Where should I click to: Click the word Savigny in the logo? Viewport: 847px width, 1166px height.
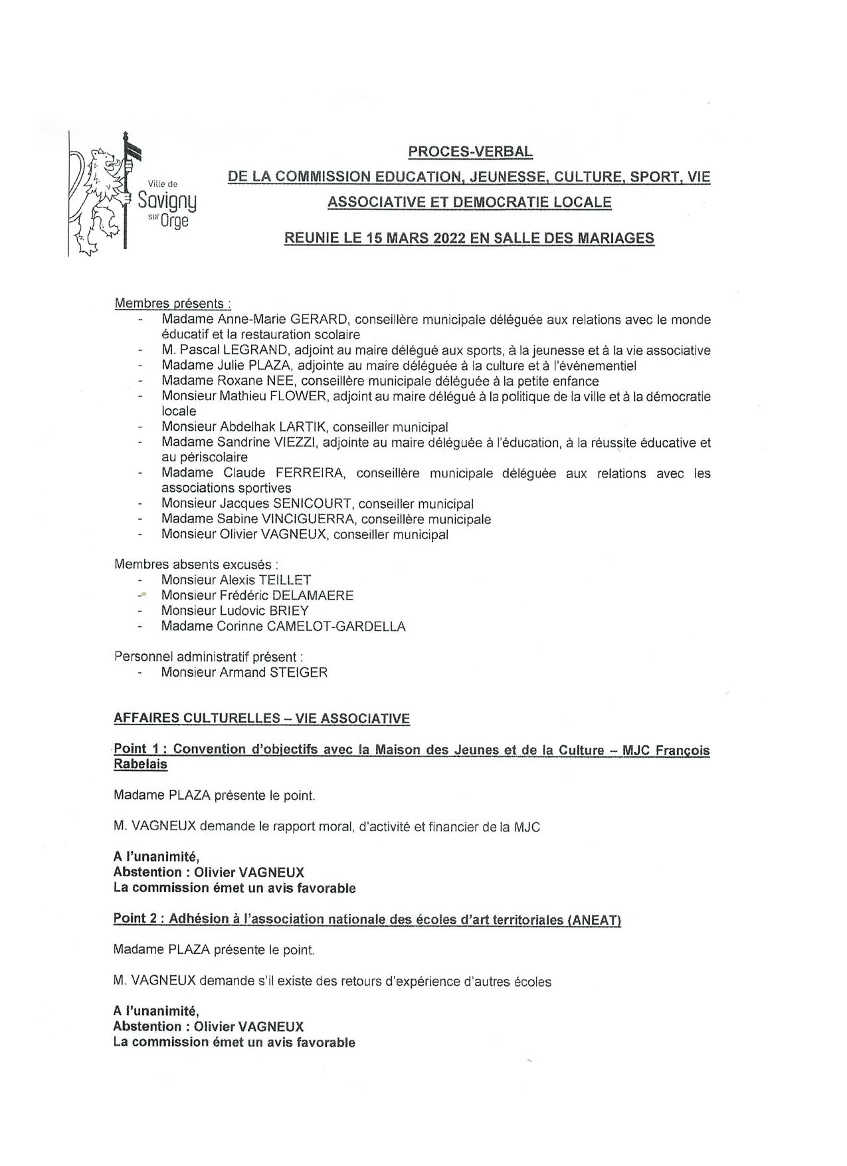[167, 200]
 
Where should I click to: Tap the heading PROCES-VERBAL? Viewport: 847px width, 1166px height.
[470, 152]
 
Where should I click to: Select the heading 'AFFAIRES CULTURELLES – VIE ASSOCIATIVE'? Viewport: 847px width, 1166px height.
[262, 719]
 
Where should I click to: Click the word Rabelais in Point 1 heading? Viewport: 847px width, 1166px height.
[140, 764]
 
